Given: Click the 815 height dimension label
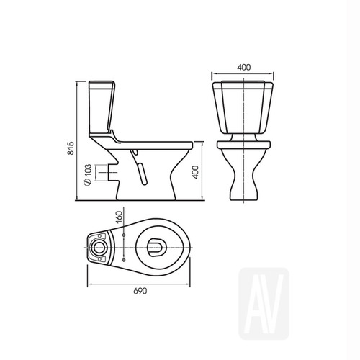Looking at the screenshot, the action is [71, 148].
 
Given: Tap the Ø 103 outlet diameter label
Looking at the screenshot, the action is [88, 175].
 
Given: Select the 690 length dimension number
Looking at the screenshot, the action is [140, 291].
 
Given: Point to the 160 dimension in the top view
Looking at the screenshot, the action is [119, 217].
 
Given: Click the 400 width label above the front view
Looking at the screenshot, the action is [244, 67].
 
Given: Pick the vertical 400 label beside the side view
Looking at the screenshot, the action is [196, 172].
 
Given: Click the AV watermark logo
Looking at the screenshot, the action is [264, 303].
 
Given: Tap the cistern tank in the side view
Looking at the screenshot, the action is [102, 107].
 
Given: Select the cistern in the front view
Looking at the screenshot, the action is [243, 107].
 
